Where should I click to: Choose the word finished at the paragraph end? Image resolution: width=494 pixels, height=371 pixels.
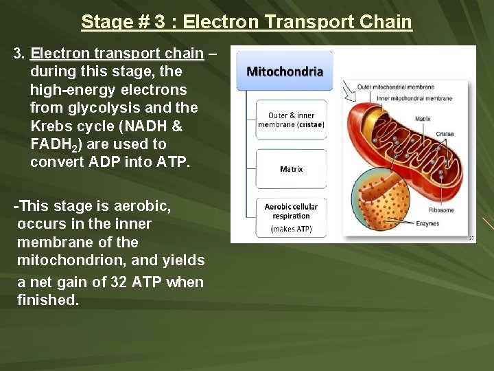[48, 300]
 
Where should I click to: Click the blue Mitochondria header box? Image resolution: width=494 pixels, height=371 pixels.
[285, 71]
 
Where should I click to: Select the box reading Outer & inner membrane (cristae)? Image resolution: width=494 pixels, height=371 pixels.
[292, 120]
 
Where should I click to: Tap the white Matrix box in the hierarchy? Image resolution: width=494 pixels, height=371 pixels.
[292, 169]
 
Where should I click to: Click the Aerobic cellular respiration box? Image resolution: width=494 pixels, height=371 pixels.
[292, 216]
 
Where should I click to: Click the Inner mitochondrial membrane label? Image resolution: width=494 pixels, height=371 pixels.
[414, 98]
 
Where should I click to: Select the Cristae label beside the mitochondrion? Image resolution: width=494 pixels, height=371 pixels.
[444, 134]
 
